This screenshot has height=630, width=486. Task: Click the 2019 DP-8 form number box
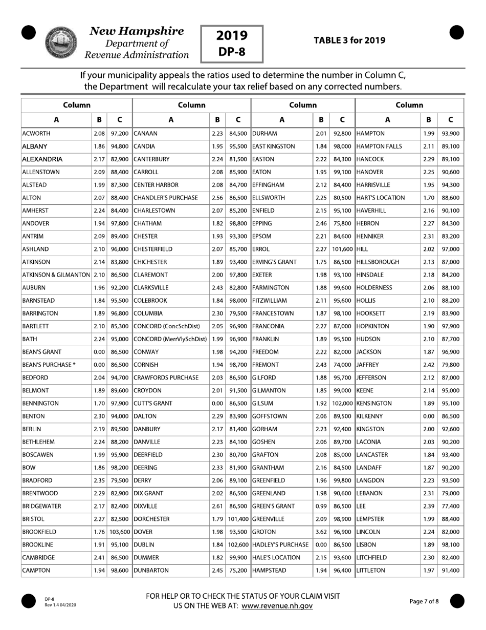(x=232, y=43)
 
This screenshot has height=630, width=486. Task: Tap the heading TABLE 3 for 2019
(x=349, y=40)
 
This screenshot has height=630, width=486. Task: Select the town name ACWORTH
(x=37, y=133)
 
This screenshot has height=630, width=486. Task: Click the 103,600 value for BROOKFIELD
(x=119, y=532)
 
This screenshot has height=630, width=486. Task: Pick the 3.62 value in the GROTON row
(x=321, y=532)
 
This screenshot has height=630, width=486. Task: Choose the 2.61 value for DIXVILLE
(x=217, y=506)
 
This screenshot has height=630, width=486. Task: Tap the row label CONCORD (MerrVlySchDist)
(x=170, y=339)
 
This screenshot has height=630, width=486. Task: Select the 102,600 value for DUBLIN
(x=238, y=544)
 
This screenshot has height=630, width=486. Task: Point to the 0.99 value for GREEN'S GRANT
(x=321, y=506)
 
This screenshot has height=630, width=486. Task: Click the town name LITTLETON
(x=373, y=570)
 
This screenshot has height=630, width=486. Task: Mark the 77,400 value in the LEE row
(x=450, y=506)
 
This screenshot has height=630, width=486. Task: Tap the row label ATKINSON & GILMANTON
(x=56, y=275)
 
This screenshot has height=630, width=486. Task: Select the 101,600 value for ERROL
(x=342, y=249)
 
